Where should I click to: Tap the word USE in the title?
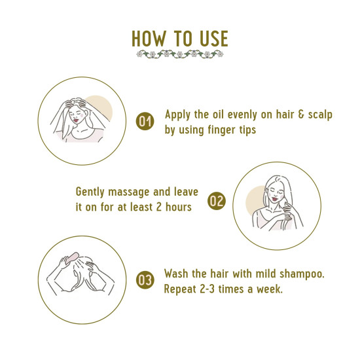pos(212,39)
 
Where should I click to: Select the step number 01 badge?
pos(144,121)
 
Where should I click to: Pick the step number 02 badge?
pos(216,201)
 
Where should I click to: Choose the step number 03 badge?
pos(144,281)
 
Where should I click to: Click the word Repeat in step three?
pos(183,289)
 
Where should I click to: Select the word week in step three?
pos(269,289)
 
